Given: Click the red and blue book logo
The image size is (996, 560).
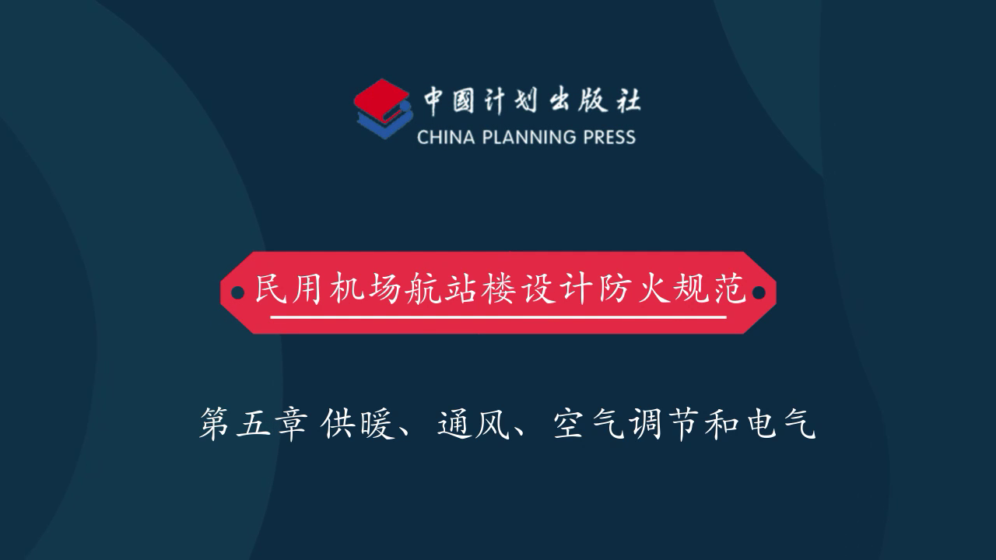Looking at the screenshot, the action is [x=384, y=109].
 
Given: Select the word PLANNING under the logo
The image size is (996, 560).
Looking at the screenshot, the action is [x=529, y=138].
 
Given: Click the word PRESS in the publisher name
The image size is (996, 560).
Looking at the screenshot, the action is [x=609, y=138].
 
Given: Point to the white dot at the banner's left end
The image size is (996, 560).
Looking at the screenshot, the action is [x=237, y=293].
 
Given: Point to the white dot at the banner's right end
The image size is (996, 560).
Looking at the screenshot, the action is [x=759, y=293].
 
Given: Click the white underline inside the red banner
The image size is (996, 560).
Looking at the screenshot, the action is [x=498, y=317].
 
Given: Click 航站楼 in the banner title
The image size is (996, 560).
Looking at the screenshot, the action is [x=460, y=289].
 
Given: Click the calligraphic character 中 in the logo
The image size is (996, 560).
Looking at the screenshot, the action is [x=433, y=101].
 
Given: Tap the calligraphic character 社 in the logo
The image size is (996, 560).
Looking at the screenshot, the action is [x=627, y=100].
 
